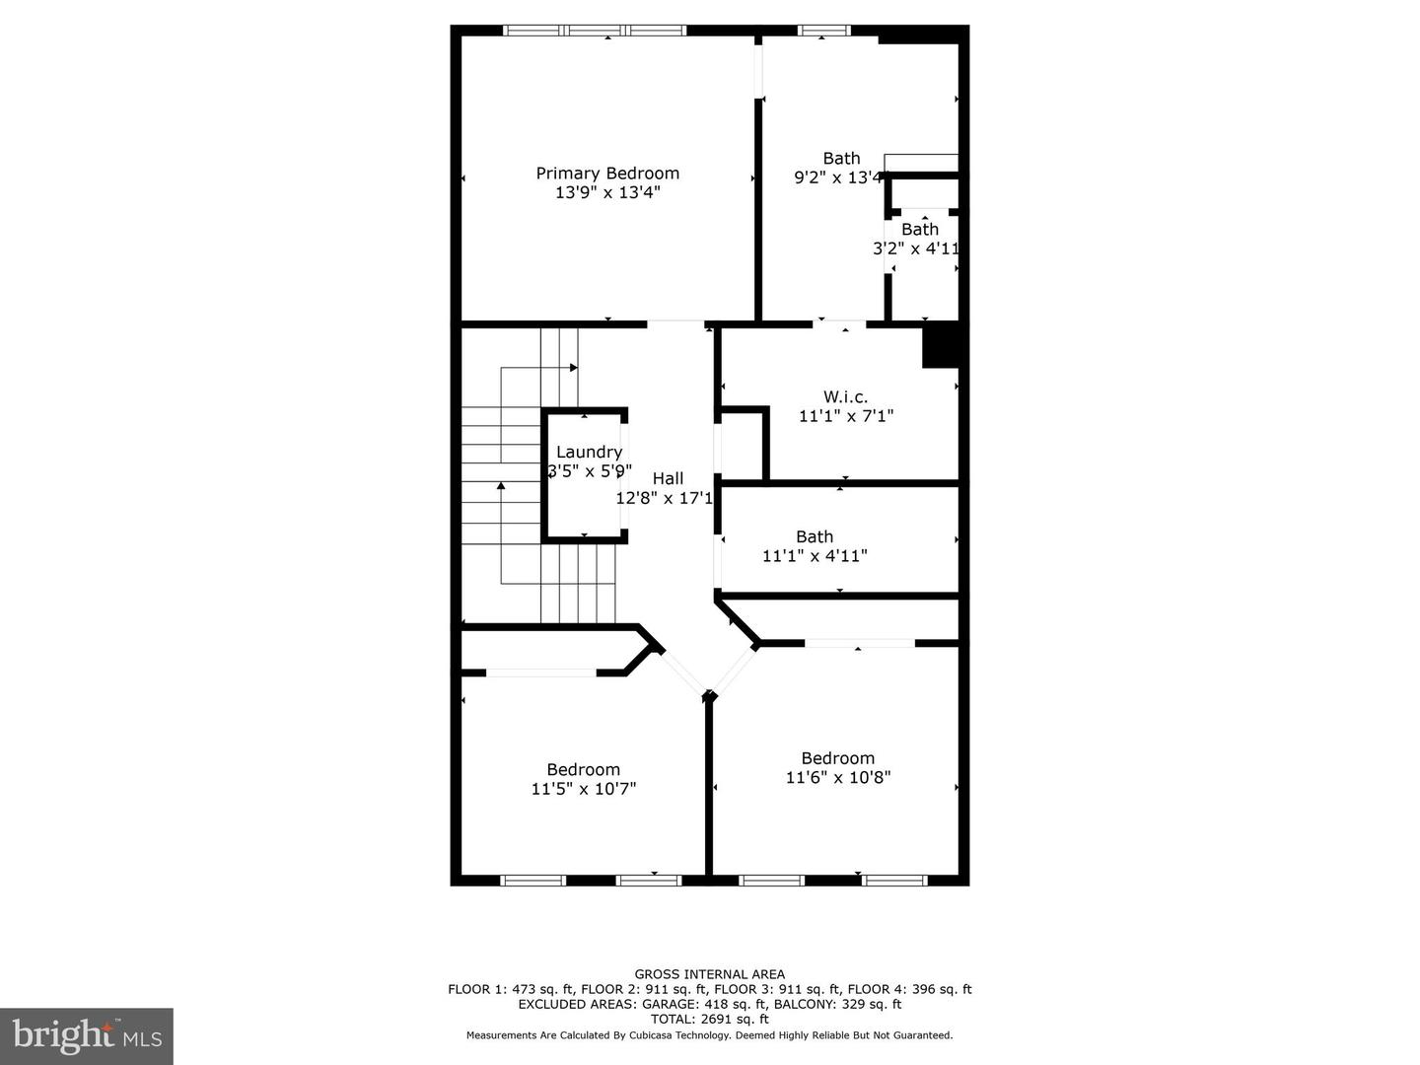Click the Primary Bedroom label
(607, 174)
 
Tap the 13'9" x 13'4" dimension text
(607, 192)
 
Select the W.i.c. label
(846, 396)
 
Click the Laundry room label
(589, 453)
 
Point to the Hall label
(668, 478)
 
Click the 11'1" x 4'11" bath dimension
(815, 556)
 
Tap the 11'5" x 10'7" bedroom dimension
(584, 789)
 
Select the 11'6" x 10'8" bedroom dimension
(838, 777)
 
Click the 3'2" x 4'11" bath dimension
(916, 248)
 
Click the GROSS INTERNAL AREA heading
(710, 974)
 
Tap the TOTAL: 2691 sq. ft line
(710, 1020)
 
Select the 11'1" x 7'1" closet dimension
(846, 416)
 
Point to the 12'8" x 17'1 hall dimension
(664, 498)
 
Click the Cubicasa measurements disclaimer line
(710, 1035)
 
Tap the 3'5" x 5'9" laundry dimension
(589, 471)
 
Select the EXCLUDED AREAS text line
(710, 1005)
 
